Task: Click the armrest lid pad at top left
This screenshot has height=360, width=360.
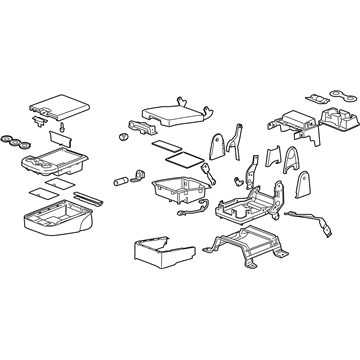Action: [57, 99]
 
